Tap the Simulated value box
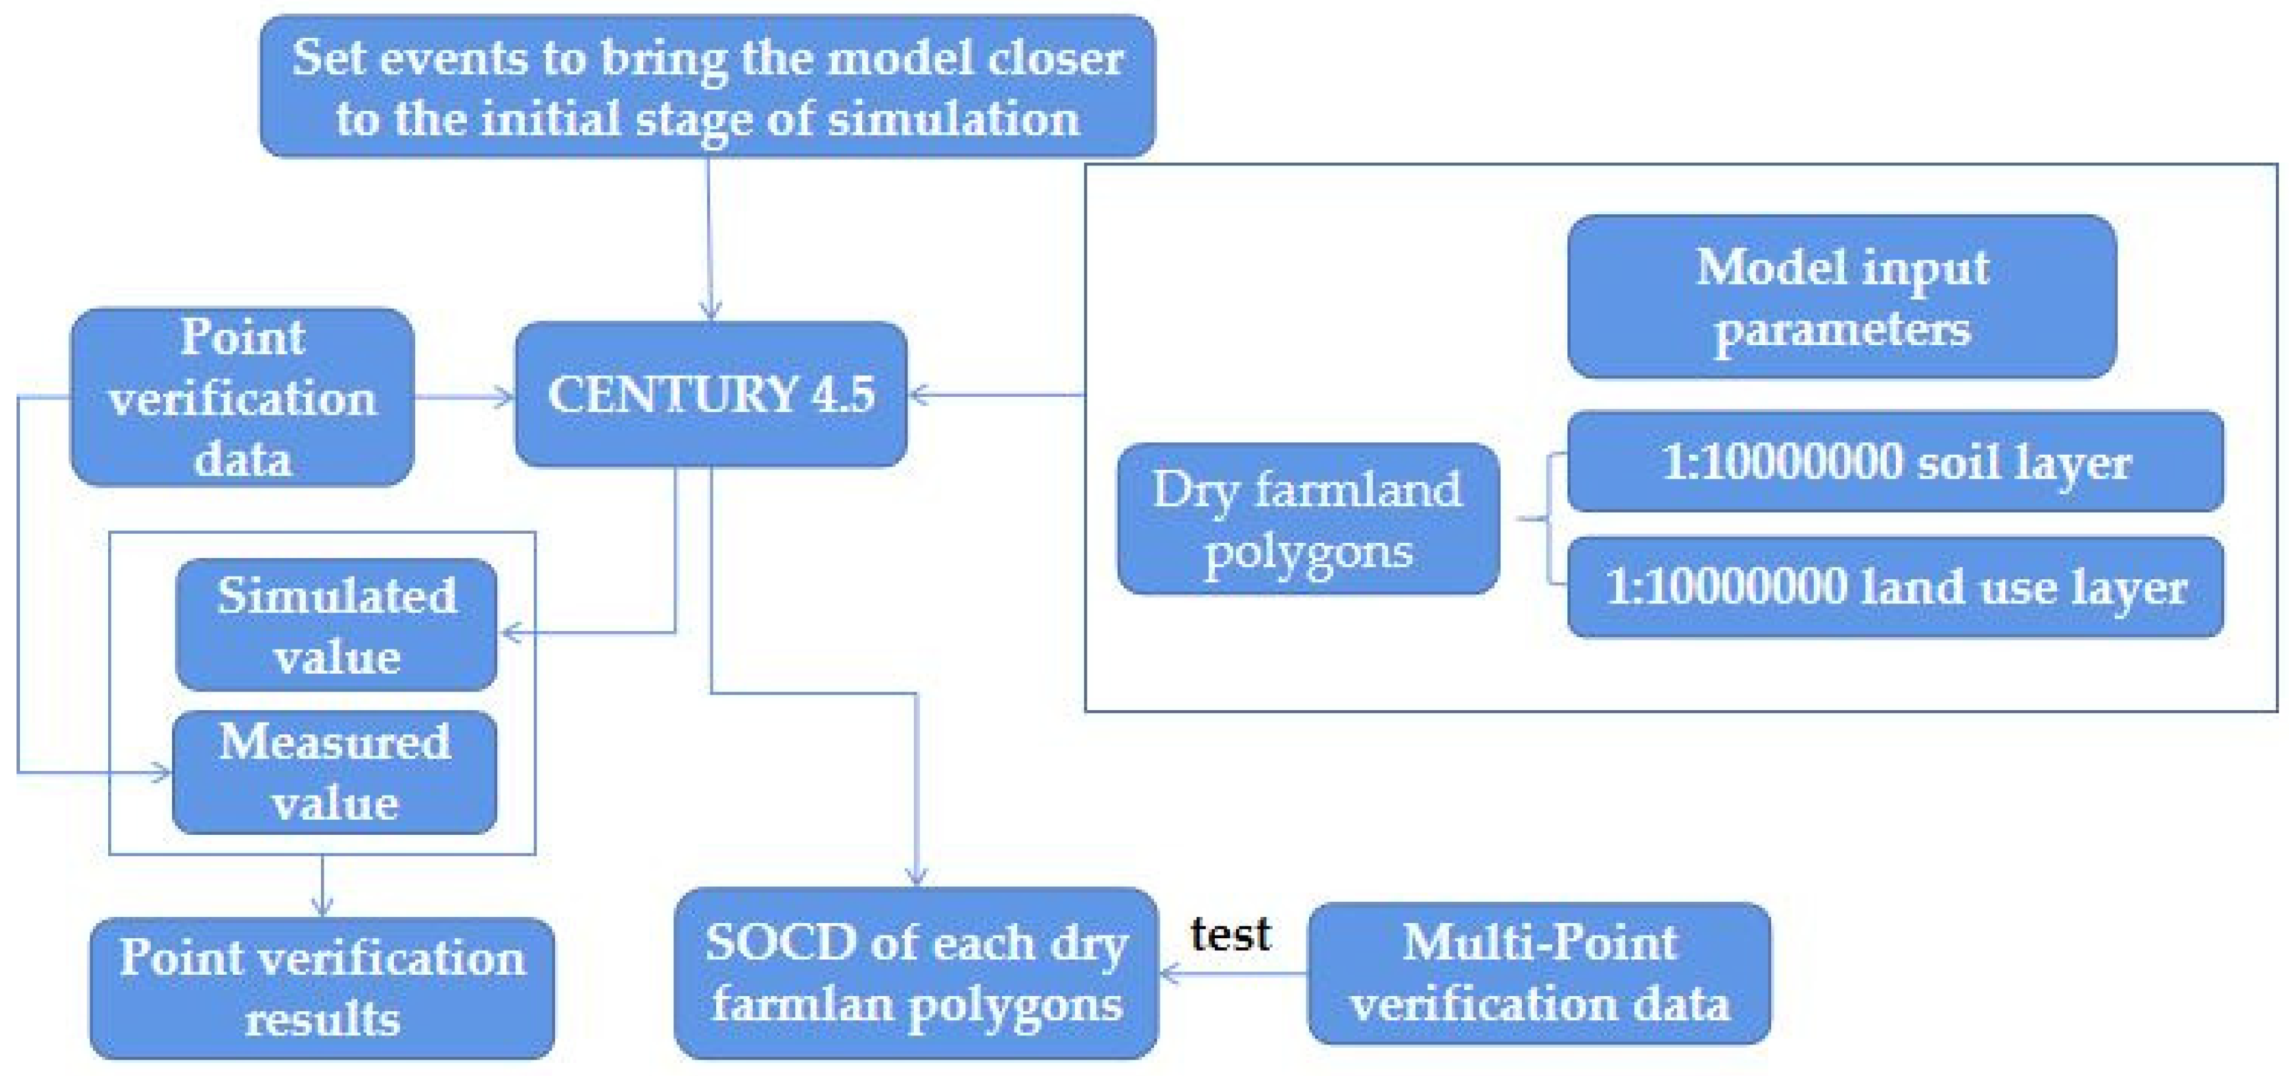(336, 625)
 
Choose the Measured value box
(334, 772)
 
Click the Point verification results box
(322, 987)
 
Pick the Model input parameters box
(1841, 297)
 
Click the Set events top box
(707, 86)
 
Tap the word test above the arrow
(1231, 934)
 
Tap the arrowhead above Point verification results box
(322, 907)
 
